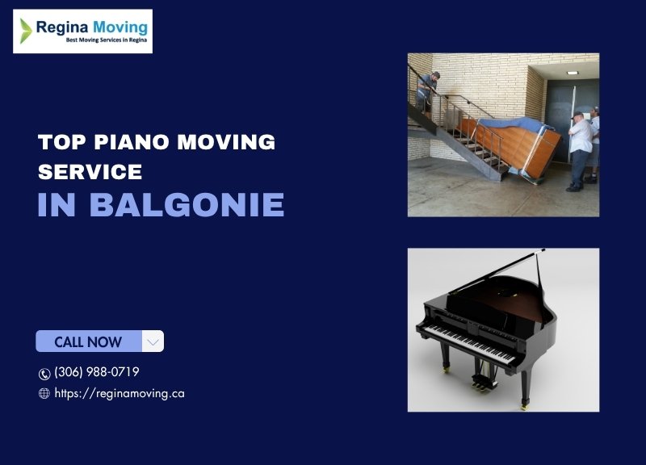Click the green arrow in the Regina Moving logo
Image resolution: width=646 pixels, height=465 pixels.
(x=26, y=31)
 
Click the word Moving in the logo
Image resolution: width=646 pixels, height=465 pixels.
(x=120, y=28)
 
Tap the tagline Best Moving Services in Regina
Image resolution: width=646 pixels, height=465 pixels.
(x=107, y=40)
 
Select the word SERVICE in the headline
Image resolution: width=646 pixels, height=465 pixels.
(x=90, y=172)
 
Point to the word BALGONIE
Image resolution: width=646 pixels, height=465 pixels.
(x=187, y=204)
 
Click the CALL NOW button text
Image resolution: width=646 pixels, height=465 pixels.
(x=88, y=341)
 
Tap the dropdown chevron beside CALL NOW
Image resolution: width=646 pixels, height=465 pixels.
(x=153, y=341)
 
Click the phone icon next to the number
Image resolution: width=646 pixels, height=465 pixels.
(x=44, y=374)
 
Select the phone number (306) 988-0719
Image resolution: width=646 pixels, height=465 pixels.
(x=97, y=372)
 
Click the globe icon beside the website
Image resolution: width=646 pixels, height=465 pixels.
(x=44, y=393)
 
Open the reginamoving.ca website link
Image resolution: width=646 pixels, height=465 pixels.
(x=120, y=394)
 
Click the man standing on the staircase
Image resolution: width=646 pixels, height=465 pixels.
(x=426, y=93)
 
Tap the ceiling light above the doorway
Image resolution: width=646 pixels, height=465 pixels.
(x=573, y=73)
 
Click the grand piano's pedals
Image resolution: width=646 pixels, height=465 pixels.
(x=485, y=383)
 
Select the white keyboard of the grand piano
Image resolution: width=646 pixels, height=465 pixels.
(x=470, y=343)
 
